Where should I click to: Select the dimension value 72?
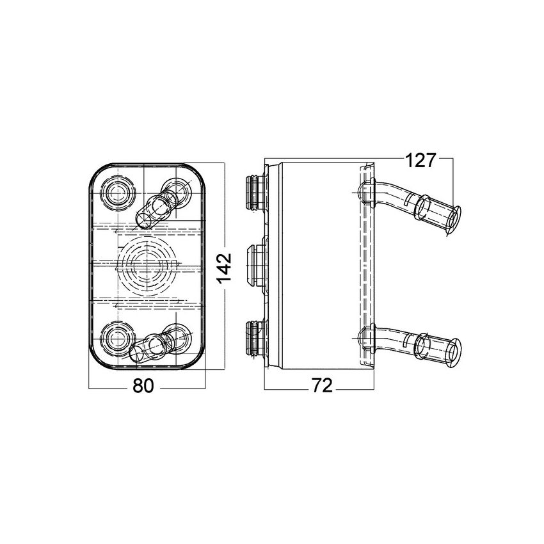[323, 385]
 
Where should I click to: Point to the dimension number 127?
[420, 161]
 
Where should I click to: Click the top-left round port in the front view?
[118, 193]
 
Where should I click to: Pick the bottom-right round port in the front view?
[177, 337]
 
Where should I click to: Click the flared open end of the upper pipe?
[454, 221]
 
